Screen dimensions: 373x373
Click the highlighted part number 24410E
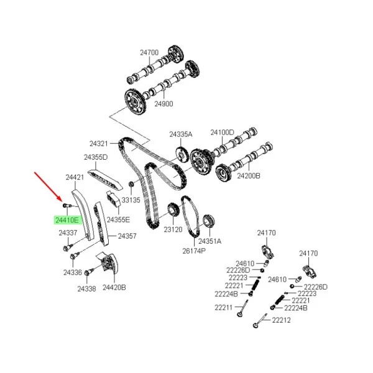coord(67,220)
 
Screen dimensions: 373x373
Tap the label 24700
coord(149,52)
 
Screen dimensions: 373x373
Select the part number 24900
coord(163,104)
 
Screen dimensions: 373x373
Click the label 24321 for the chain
coord(99,144)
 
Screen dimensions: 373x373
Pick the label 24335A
coord(180,134)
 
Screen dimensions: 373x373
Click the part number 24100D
coord(222,132)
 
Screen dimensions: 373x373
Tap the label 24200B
coord(249,176)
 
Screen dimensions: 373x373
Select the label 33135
coord(131,200)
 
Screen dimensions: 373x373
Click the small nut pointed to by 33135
coord(131,184)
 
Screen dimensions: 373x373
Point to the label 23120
coord(173,229)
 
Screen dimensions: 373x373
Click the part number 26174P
coord(194,251)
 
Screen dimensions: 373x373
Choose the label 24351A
coord(210,241)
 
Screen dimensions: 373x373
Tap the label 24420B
coord(114,287)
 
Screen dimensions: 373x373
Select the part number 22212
coord(281,320)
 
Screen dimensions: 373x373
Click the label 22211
coord(224,308)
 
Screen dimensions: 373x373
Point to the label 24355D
coord(96,157)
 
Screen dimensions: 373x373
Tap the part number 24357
coord(127,236)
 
